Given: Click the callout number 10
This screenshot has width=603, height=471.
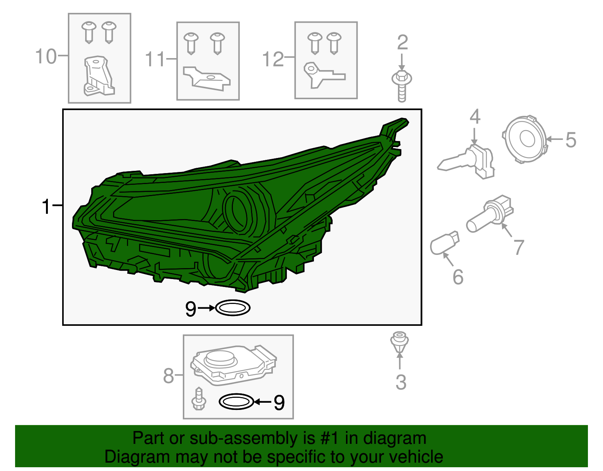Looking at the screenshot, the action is click(46, 56).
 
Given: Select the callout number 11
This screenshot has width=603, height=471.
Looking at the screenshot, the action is click(155, 59).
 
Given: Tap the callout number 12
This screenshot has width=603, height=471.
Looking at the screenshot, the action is click(273, 59).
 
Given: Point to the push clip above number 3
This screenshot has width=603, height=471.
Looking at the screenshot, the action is click(399, 342).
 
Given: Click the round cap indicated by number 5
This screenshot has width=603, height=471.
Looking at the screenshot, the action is click(524, 139).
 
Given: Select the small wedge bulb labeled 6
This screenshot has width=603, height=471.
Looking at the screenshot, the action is click(444, 243).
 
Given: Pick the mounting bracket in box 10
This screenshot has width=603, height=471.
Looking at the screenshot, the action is click(98, 76).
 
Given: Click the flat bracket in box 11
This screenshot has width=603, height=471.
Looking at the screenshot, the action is click(207, 78).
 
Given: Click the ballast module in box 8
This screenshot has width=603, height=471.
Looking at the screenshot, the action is click(233, 365).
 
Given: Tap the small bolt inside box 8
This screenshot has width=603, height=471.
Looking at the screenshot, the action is click(199, 399).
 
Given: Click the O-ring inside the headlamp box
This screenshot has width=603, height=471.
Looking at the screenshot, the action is click(233, 308).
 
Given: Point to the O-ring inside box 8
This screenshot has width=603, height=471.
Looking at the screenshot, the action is click(236, 401).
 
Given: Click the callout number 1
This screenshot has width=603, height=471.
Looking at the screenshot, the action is click(46, 207).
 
